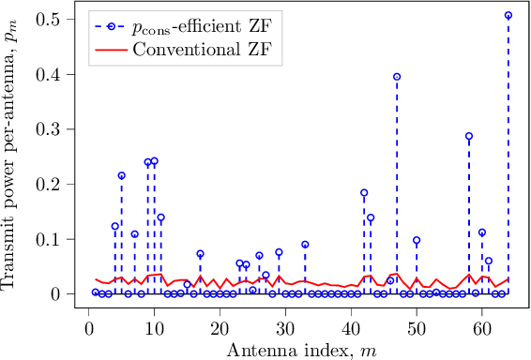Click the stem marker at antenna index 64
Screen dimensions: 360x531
tap(508, 15)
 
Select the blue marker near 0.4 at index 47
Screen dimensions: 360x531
tap(397, 77)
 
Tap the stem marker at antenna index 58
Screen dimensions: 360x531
tap(469, 136)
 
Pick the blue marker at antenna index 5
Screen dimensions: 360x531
tap(122, 175)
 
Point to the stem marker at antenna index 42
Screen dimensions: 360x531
tap(364, 193)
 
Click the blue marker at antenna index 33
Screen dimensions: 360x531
tap(305, 245)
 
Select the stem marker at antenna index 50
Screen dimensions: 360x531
tap(417, 240)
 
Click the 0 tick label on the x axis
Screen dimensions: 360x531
tap(89, 330)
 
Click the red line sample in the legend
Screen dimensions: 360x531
tap(113, 43)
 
